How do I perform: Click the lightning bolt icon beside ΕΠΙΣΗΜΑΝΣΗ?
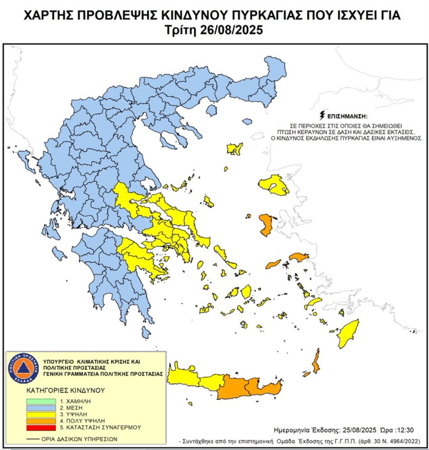click(x=322, y=115)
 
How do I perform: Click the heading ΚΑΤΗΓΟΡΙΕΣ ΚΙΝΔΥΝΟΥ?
click(x=60, y=391)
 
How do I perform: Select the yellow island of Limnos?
click(x=235, y=149)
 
